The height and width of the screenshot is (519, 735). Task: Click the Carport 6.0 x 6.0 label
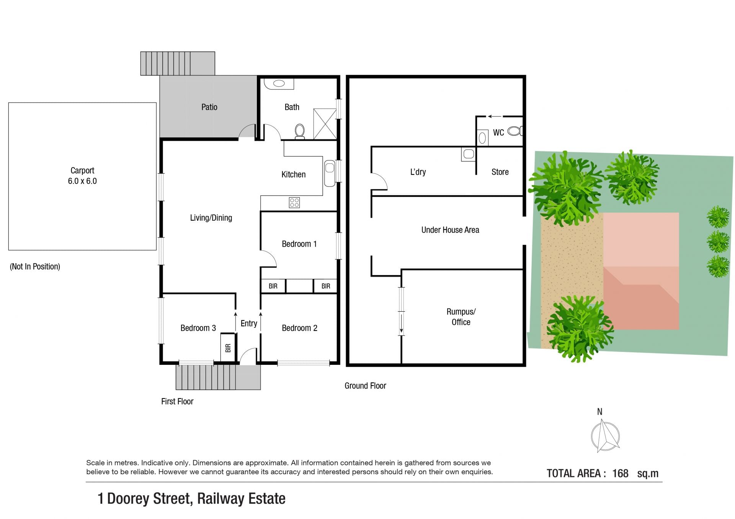pos(82,176)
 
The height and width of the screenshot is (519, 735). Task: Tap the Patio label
pos(209,107)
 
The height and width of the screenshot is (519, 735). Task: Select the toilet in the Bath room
pos(300,131)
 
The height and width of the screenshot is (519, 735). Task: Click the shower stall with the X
pos(325,124)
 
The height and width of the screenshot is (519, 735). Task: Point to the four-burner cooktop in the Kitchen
pos(294,202)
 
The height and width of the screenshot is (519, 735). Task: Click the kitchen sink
pos(330,173)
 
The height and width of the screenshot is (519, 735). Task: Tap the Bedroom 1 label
pos(299,244)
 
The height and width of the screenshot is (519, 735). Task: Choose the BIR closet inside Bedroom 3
pos(228,347)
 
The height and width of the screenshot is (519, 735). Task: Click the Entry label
pos(249,324)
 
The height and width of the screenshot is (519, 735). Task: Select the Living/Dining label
pos(211,218)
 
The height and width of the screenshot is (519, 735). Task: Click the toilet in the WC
pos(514,131)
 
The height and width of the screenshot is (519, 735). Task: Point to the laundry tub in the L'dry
pos(469,154)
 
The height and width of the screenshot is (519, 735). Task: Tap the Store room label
pos(500,172)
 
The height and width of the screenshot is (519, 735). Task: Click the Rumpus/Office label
pos(461,317)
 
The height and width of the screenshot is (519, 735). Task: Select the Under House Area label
pos(450,230)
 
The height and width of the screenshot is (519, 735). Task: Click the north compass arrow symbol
pos(605,436)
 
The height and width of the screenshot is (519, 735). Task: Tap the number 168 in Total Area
pos(620,473)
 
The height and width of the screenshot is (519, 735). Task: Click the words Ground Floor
pos(365,386)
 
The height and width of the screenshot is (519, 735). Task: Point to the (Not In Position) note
pos(35,267)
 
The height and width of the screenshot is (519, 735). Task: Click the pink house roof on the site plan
pos(641,271)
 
